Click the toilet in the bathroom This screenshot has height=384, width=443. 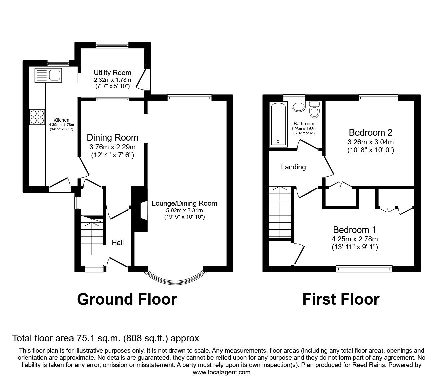314,109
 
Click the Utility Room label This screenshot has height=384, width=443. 112,73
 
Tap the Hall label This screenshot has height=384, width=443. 118,243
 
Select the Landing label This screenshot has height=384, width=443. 293,167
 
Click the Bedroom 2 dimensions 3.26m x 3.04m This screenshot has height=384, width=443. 370,142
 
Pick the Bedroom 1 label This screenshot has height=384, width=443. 354,230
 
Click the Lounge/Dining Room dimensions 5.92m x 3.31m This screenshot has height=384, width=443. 184,210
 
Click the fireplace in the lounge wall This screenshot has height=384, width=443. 139,209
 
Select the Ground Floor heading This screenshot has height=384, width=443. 127,299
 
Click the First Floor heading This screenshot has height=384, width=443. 341,299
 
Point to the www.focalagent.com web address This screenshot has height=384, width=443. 221,372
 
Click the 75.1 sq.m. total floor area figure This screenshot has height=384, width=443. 98,338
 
